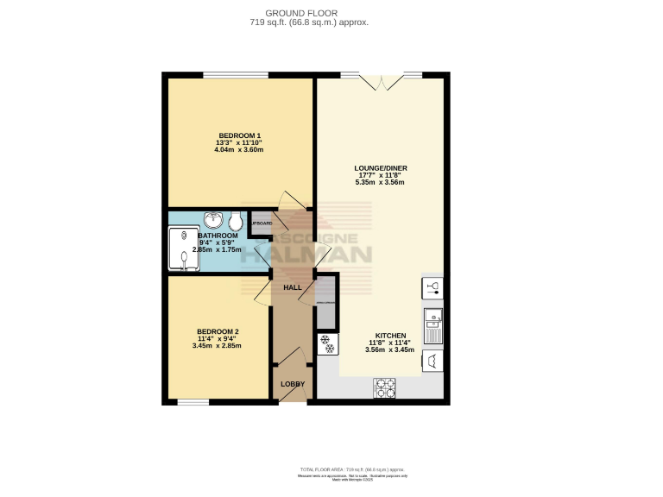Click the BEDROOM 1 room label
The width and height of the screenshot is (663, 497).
click(x=238, y=135)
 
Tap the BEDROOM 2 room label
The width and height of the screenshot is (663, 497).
click(x=217, y=331)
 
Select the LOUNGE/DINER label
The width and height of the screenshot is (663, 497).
click(x=381, y=167)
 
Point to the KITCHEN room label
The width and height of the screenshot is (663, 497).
click(x=390, y=336)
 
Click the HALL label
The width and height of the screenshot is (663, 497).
click(x=292, y=286)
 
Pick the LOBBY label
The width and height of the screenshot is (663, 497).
click(x=292, y=383)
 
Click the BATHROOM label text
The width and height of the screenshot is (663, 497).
click(x=218, y=236)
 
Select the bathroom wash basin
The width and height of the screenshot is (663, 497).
click(x=212, y=220)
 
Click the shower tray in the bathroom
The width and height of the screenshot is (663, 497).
click(x=184, y=248)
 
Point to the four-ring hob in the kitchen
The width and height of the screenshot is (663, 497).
click(x=384, y=388)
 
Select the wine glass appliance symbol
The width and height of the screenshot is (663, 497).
click(x=433, y=287)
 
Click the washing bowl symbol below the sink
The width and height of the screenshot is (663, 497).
click(x=433, y=361)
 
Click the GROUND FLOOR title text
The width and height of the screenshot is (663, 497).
click(x=316, y=13)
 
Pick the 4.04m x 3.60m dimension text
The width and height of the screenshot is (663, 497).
click(x=238, y=150)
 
